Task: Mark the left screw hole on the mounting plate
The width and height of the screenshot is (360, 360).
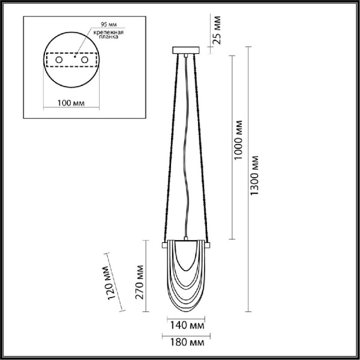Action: (59, 61)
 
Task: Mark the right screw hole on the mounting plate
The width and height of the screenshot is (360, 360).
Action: (85, 61)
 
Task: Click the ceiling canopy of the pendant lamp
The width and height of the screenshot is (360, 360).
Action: (185, 50)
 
